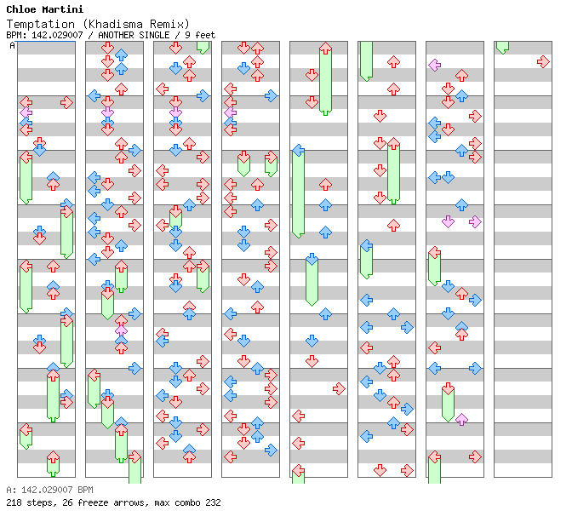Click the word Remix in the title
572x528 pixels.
click(x=163, y=24)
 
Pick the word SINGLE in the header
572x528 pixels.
click(x=157, y=35)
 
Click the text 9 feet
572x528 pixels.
click(x=199, y=35)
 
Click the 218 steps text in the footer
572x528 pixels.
click(x=26, y=502)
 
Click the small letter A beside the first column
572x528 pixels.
click(x=13, y=45)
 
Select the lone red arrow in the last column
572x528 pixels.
click(x=543, y=61)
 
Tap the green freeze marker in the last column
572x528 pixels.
click(x=502, y=47)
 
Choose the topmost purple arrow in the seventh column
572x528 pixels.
click(x=434, y=65)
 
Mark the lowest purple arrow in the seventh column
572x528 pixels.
click(x=461, y=419)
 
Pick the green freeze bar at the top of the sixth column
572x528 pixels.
click(x=366, y=60)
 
